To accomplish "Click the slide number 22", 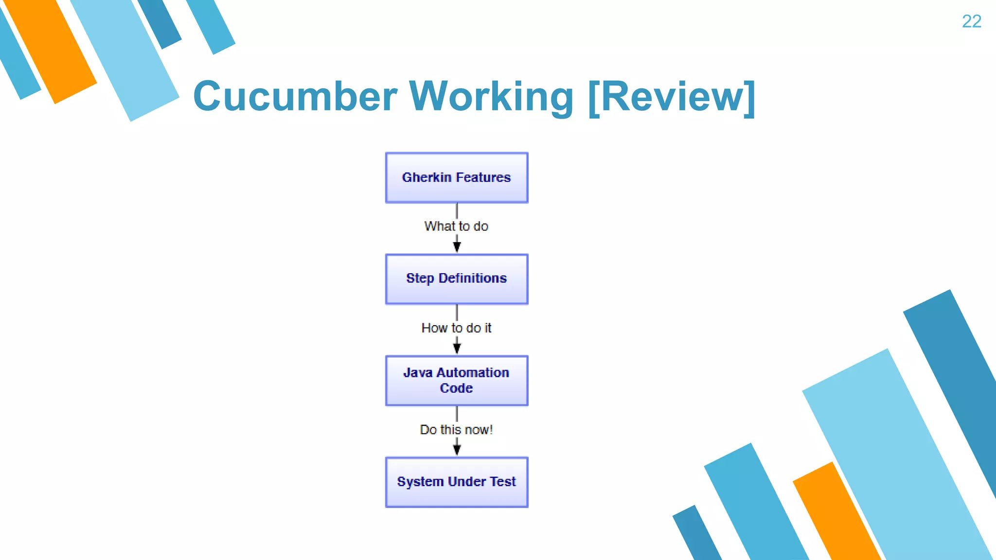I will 971,21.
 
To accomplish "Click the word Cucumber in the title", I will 295,96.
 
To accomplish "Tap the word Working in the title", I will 491,96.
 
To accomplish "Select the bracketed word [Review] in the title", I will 672,97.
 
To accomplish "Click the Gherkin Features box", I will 456,177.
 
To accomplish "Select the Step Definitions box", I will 456,279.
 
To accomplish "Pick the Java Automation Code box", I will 456,381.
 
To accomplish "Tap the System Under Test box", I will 456,482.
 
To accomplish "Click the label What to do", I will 456,226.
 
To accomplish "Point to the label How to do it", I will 456,328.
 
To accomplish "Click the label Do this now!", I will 456,430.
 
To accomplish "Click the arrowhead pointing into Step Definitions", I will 457,246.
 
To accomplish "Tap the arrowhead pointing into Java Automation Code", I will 457,348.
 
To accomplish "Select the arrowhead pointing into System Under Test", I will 457,449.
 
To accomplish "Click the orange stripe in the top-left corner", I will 51,51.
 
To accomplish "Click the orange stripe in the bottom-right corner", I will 836,515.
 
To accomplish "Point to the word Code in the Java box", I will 456,388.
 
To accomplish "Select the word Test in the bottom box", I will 502,482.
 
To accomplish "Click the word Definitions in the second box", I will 472,279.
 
